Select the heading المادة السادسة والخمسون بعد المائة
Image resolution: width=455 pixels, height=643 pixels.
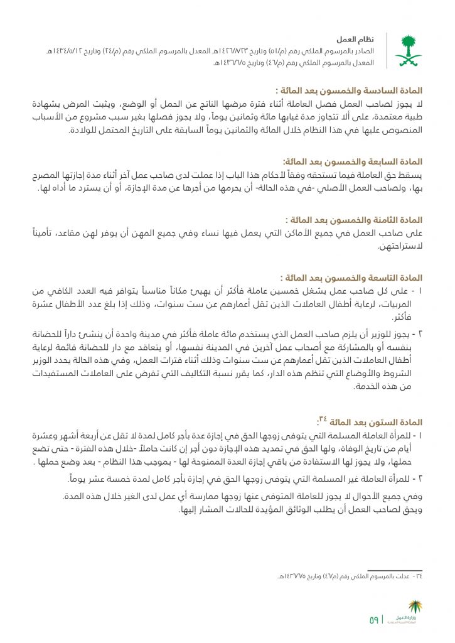click(x=348, y=90)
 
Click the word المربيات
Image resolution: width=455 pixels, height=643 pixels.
click(x=403, y=305)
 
